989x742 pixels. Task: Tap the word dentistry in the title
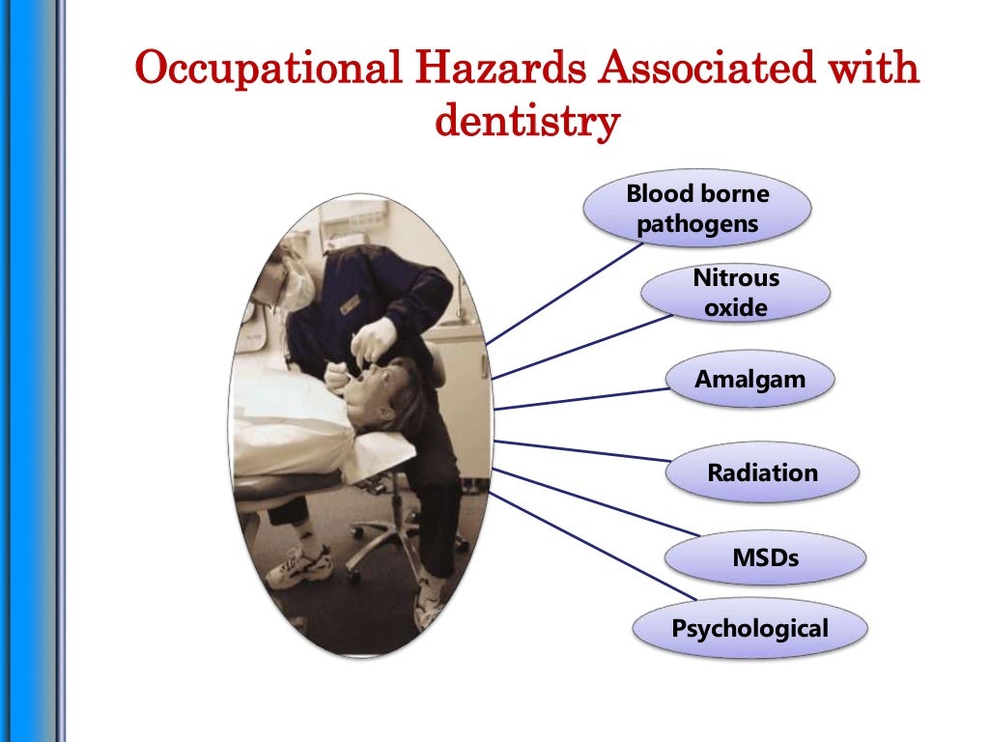click(525, 122)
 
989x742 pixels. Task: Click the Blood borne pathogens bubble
click(696, 209)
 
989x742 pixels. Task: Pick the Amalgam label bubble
click(749, 379)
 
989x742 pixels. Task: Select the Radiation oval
click(762, 473)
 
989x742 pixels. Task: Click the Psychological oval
click(749, 629)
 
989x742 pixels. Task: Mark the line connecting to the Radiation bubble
click(579, 450)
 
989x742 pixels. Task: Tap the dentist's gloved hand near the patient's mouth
click(375, 339)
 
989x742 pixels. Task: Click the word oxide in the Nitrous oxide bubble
click(735, 308)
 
